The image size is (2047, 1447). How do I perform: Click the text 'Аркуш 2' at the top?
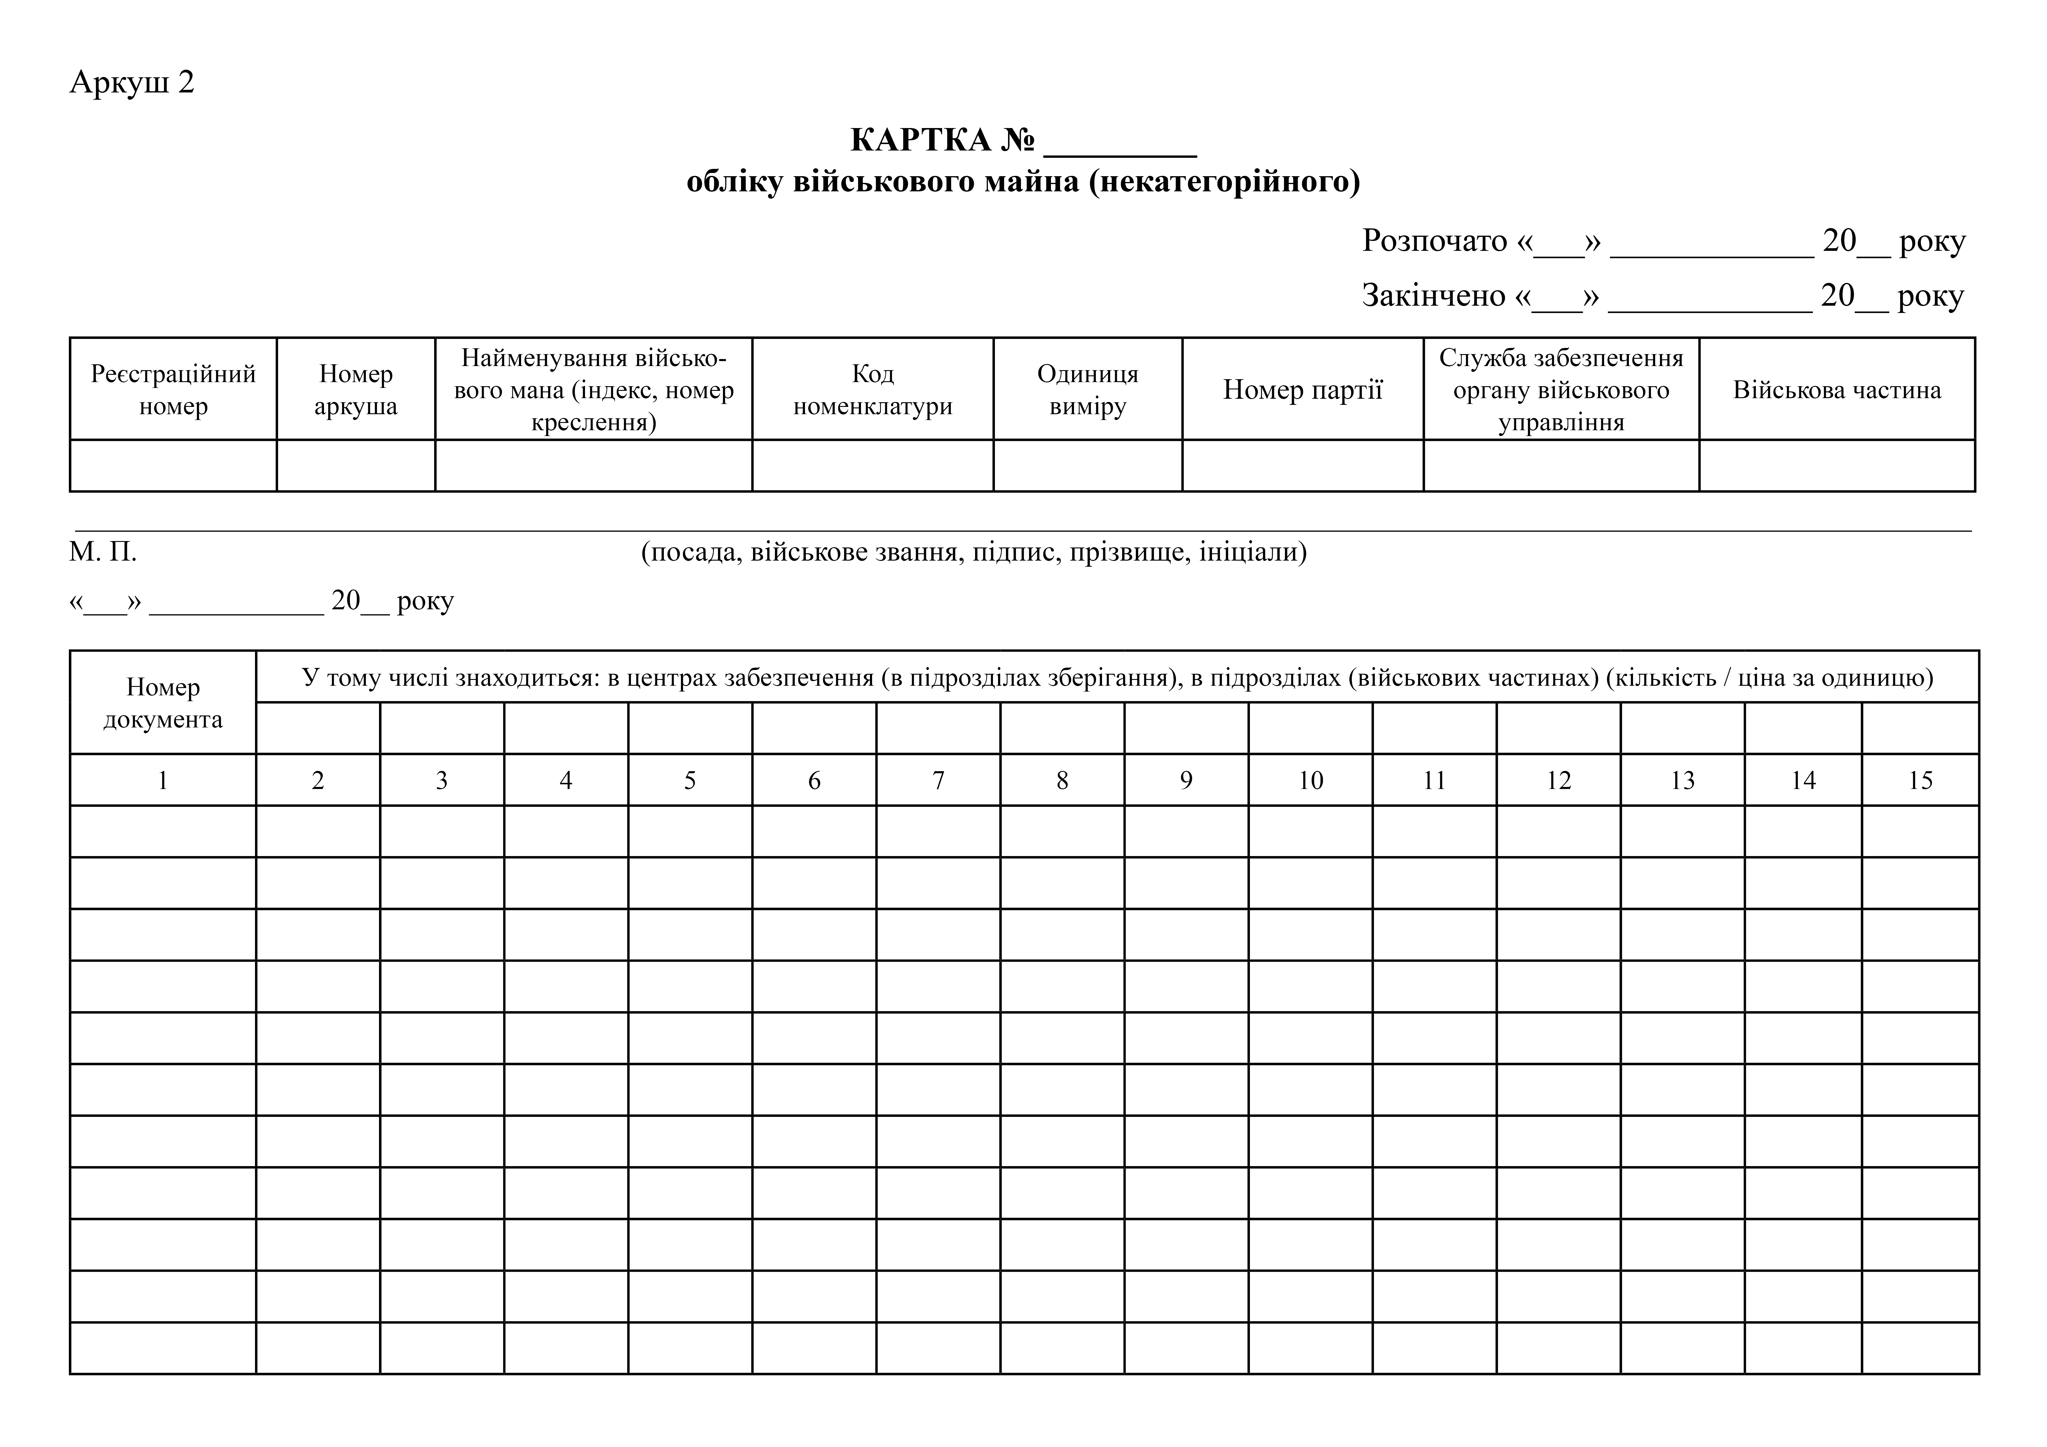point(132,82)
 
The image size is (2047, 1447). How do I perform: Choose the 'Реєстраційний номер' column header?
point(173,390)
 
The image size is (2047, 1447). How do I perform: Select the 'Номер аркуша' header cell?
point(356,390)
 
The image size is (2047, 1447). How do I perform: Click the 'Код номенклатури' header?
point(873,390)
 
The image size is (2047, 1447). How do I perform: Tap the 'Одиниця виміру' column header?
point(1088,390)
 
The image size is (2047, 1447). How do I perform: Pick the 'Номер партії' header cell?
point(1302,390)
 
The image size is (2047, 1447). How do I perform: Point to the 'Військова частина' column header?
point(1837,390)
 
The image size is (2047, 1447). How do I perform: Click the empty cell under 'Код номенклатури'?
point(873,466)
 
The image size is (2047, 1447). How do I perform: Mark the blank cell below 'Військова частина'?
point(1837,466)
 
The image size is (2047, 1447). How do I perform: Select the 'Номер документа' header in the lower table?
point(163,703)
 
